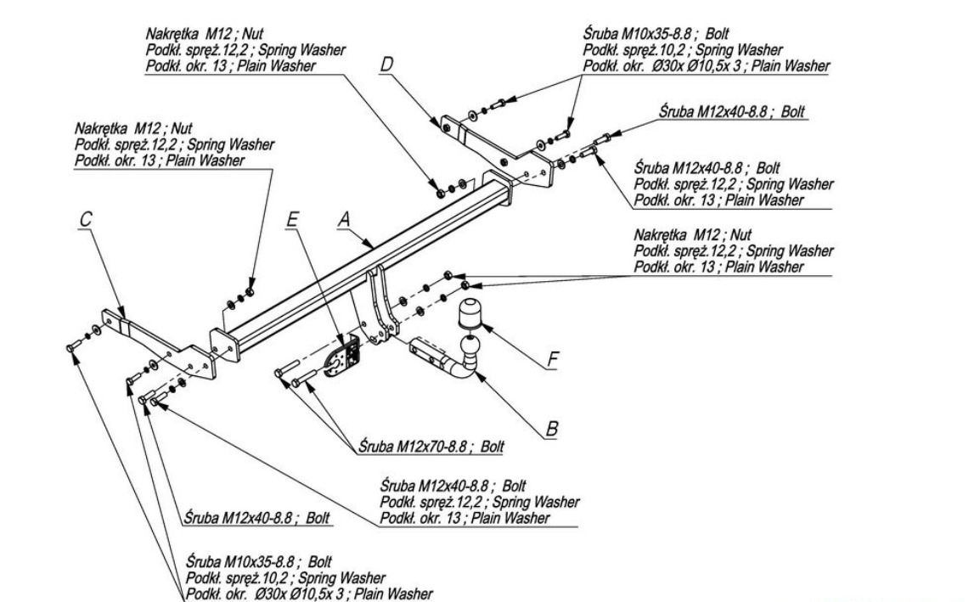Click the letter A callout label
point(344,220)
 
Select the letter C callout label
point(85,219)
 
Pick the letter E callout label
point(293,220)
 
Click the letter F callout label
point(553,359)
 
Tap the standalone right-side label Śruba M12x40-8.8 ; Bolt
point(733,111)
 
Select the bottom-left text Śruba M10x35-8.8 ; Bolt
point(260,563)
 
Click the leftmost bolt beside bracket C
point(70,346)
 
